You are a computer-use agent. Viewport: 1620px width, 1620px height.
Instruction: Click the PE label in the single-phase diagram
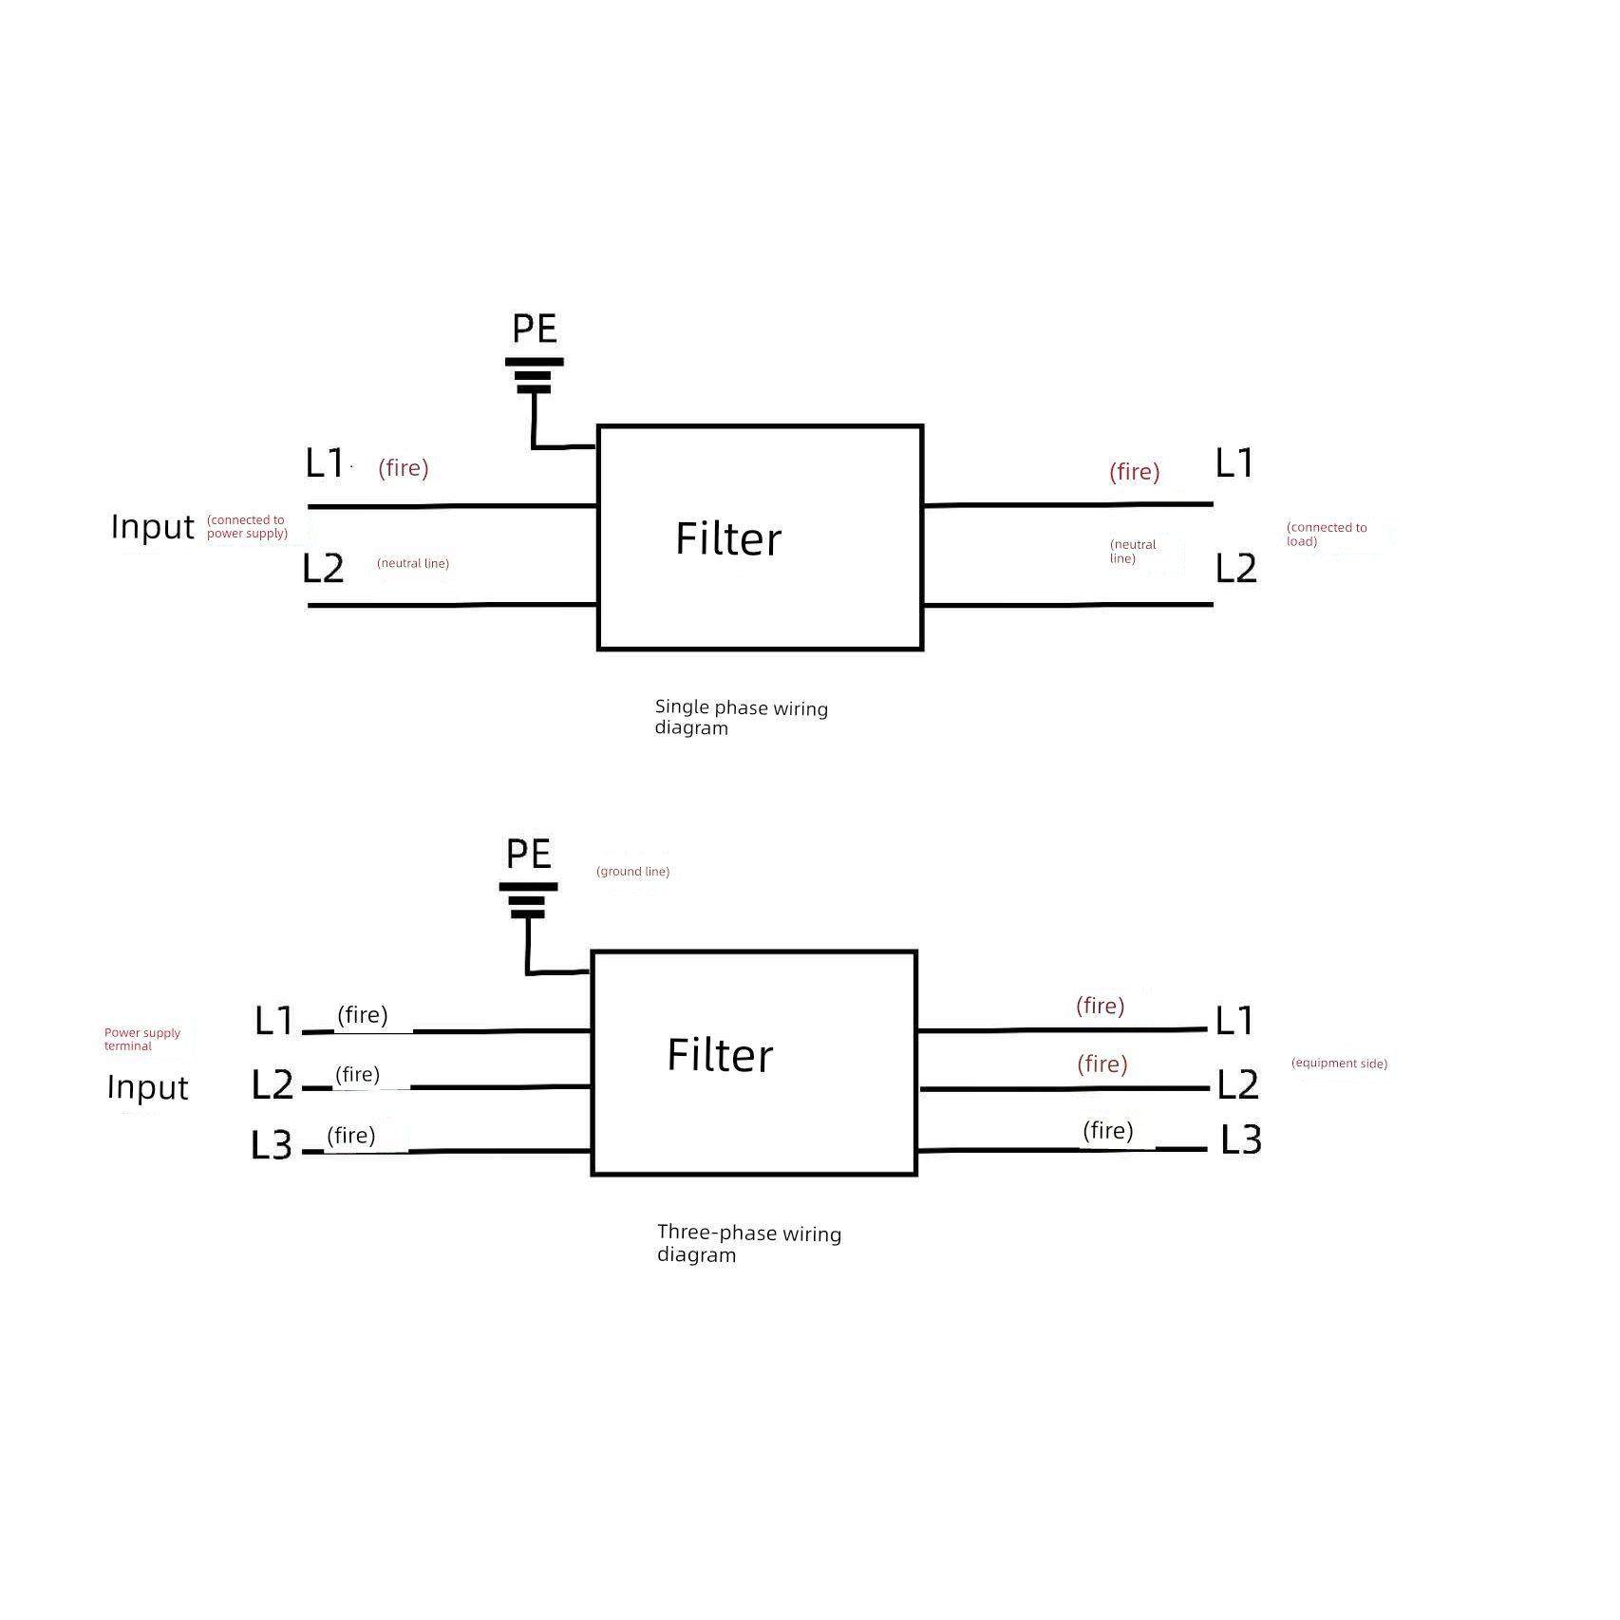click(x=534, y=329)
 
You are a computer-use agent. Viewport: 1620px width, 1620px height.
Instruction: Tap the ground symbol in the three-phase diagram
click(x=528, y=900)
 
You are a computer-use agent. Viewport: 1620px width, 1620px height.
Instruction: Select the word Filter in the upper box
click(x=728, y=538)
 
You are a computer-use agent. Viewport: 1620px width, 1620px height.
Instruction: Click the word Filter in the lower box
click(x=720, y=1055)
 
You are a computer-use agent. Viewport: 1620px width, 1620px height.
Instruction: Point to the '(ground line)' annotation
click(x=632, y=872)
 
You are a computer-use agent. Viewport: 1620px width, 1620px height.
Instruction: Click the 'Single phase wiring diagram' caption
click(x=741, y=718)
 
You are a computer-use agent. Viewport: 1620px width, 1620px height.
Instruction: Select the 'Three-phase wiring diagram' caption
click(x=748, y=1244)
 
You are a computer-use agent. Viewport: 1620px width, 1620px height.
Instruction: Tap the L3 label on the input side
click(x=272, y=1145)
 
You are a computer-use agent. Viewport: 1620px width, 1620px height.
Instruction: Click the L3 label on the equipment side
click(x=1240, y=1140)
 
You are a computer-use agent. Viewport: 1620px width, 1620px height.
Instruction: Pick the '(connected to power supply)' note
click(x=247, y=526)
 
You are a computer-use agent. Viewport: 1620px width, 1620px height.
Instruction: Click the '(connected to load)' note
click(x=1327, y=534)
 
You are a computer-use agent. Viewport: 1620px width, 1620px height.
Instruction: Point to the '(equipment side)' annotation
click(x=1339, y=1064)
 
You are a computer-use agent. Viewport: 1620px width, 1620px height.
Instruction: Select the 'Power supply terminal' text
click(x=141, y=1039)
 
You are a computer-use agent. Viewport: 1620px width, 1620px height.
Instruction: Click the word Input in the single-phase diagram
click(x=152, y=526)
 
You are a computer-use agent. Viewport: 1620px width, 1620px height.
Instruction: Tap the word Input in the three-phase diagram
click(x=147, y=1087)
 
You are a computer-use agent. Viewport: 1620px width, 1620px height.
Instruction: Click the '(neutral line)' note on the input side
click(x=413, y=563)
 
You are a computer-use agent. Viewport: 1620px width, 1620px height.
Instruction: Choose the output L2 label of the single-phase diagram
click(x=1236, y=568)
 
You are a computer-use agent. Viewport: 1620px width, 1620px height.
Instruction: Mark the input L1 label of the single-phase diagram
click(x=324, y=462)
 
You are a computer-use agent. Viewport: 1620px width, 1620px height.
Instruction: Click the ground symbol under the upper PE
click(x=534, y=376)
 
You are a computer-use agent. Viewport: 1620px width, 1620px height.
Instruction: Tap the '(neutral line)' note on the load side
click(x=1133, y=552)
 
